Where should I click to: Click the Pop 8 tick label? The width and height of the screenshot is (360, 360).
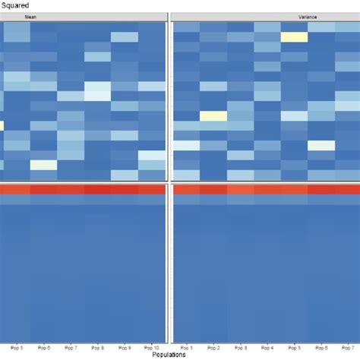pos(97,347)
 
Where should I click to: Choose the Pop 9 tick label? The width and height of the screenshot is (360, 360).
pos(125,347)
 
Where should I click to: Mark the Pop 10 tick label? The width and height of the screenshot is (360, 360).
pos(151,347)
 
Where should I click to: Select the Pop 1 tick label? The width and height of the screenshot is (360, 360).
pos(187,347)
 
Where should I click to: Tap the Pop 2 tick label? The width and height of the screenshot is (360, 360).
pos(214,347)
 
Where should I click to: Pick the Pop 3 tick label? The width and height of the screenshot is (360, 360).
pos(241,347)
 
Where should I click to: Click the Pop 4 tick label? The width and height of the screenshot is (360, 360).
pos(267,347)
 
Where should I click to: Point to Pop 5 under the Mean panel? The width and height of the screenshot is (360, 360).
pos(17,347)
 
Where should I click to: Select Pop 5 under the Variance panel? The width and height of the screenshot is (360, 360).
pos(295,347)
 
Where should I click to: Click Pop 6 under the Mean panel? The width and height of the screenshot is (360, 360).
pos(43,347)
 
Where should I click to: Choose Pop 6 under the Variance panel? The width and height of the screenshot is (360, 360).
pos(321,347)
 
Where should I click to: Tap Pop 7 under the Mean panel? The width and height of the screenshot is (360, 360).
pos(71,347)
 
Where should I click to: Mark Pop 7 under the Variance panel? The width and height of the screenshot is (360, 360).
pos(346,347)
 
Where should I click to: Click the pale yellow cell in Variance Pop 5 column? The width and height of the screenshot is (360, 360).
pos(295,36)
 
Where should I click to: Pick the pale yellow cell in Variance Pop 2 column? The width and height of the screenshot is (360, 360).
pos(214,116)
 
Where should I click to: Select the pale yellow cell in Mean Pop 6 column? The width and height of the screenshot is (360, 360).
pos(43,165)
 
